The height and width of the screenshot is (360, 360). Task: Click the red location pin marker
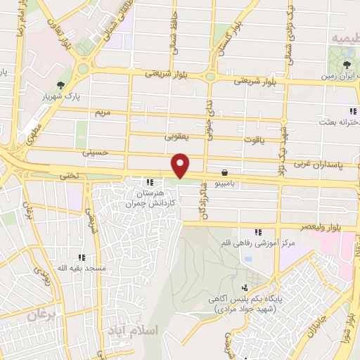181,165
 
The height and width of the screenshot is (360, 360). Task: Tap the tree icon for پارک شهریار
61,85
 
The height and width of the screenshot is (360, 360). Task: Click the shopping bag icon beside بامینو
224,172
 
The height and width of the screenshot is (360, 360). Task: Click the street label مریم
104,111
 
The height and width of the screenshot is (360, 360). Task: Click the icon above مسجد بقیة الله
82,257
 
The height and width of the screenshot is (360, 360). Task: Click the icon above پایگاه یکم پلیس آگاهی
245,288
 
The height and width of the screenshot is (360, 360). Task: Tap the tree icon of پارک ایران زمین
348,65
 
